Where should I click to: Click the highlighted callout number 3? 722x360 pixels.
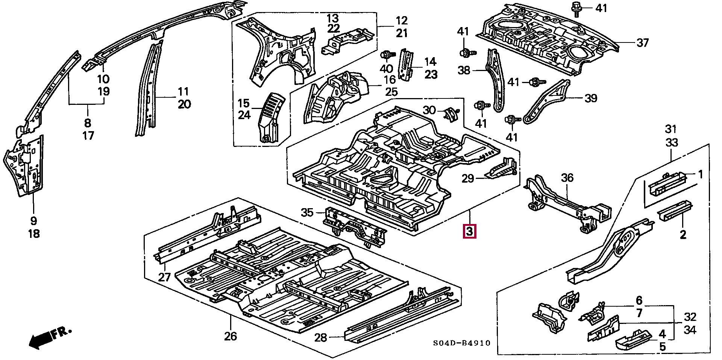469,231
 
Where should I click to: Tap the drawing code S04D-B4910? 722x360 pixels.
462,343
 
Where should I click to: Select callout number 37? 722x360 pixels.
643,43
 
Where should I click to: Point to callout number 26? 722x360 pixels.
231,336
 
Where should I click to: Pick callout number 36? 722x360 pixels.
567,177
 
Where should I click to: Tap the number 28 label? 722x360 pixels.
321,337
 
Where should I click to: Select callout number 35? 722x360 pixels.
307,212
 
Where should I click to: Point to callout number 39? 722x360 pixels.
591,98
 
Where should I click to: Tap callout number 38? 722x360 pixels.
464,70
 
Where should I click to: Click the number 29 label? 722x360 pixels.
468,178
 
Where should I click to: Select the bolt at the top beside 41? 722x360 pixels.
576,9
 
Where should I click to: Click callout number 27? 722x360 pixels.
164,277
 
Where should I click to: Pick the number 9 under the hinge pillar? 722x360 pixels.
33,221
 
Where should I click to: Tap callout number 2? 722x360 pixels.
683,235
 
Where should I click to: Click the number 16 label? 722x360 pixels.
390,80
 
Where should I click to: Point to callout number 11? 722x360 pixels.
183,91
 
